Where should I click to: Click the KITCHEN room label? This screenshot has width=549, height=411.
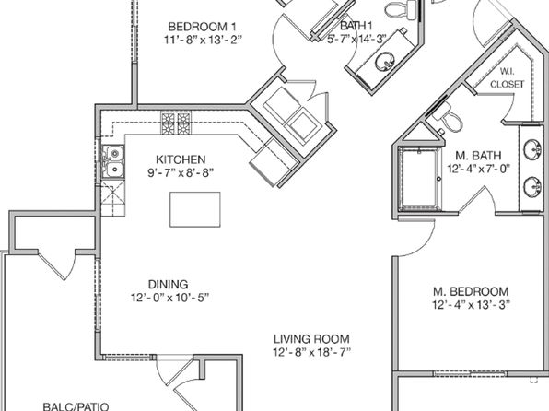click(x=181, y=159)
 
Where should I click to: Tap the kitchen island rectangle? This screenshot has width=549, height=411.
click(x=195, y=209)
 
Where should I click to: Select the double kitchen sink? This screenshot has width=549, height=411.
click(x=112, y=162)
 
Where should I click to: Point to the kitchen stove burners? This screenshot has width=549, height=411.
click(x=176, y=123)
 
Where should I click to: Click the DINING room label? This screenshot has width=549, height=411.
click(x=168, y=284)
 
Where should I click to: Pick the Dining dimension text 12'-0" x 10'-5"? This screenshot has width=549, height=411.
click(x=169, y=298)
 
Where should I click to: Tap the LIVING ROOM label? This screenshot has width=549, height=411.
click(x=311, y=339)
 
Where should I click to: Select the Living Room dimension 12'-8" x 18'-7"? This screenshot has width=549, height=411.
click(x=311, y=352)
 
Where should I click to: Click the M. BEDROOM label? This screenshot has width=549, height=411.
click(x=471, y=291)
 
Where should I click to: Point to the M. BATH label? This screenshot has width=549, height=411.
click(x=478, y=155)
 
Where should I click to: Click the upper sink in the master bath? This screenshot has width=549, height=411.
click(x=532, y=149)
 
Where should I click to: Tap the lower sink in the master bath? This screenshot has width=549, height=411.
click(x=532, y=187)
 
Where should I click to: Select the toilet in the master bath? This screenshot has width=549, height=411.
click(x=449, y=117)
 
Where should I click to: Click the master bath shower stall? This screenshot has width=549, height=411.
click(x=419, y=180)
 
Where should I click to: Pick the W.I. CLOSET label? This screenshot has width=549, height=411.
click(x=507, y=77)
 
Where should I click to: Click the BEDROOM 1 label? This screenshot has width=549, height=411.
click(x=202, y=27)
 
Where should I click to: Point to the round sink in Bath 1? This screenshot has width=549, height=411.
click(x=385, y=62)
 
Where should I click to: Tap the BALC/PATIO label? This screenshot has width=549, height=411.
click(x=76, y=406)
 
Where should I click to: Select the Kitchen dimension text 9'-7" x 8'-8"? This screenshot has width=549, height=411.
click(x=181, y=172)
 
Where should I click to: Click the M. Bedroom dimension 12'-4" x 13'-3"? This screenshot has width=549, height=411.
click(x=471, y=304)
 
